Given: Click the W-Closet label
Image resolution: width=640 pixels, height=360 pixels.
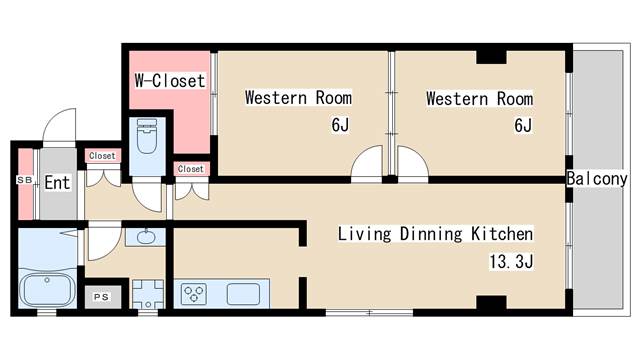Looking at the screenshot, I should (169, 81).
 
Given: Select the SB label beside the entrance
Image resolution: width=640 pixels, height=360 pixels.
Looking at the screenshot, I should (24, 180).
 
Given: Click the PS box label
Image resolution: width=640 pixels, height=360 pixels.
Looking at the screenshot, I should (102, 297).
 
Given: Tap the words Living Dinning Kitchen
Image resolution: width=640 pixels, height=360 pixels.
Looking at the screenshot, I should (434, 234).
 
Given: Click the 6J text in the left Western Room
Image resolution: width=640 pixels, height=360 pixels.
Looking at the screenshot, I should (340, 125).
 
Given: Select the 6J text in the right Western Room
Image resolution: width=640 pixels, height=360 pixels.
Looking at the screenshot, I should (521, 125).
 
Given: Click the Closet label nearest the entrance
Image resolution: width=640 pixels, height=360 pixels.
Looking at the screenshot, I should (102, 156).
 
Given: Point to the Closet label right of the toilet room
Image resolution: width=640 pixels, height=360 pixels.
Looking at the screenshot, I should (190, 169).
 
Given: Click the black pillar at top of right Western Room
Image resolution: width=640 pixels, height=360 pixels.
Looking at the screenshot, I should (490, 56).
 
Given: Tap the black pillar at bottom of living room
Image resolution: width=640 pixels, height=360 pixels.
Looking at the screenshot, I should (490, 302).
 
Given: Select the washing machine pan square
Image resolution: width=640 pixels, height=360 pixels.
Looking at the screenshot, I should (147, 294).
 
